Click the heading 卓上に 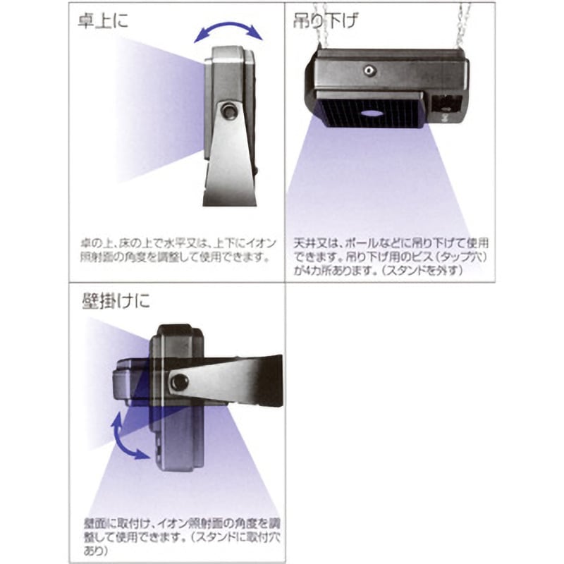tap(103, 21)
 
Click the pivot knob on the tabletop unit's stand tap(228, 111)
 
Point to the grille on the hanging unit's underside tap(368, 113)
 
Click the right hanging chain tap(463, 25)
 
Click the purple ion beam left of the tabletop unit tap(155, 99)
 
